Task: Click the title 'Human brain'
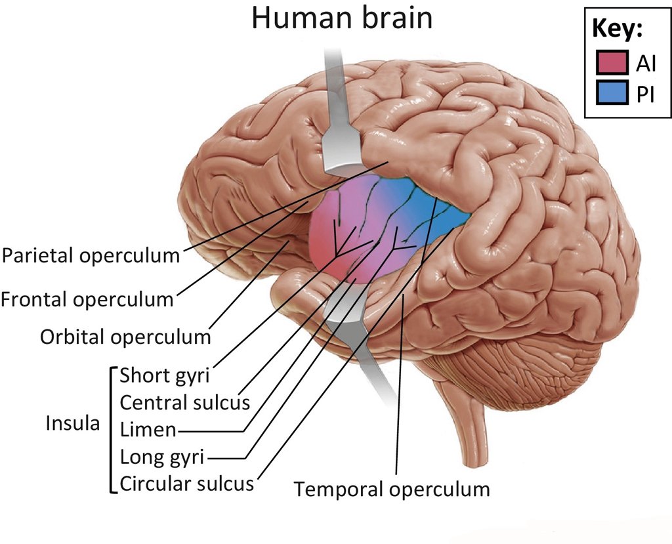pyautogui.click(x=342, y=18)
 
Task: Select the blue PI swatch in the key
pyautogui.click(x=613, y=94)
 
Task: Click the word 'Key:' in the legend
pyautogui.click(x=618, y=30)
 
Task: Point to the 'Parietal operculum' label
pyautogui.click(x=91, y=255)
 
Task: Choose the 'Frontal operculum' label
pyautogui.click(x=87, y=300)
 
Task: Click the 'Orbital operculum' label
pyautogui.click(x=125, y=337)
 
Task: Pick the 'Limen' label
pyautogui.click(x=148, y=430)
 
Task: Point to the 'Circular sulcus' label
pyautogui.click(x=187, y=484)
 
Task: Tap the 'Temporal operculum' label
pyautogui.click(x=392, y=489)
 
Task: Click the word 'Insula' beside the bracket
pyautogui.click(x=73, y=423)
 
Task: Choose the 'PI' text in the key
pyautogui.click(x=645, y=95)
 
